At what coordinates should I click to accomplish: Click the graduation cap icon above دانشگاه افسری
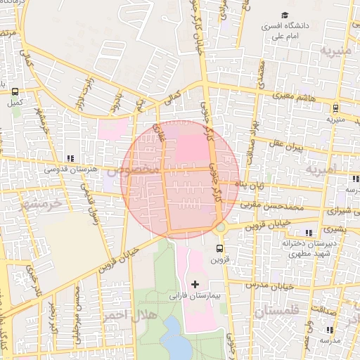click(285, 15)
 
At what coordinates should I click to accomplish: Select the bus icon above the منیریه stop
click(335, 108)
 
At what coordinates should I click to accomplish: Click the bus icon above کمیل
click(14, 91)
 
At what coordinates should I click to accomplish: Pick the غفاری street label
click(156, 134)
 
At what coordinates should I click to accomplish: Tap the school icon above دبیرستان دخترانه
click(308, 233)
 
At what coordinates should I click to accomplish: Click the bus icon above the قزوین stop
click(219, 248)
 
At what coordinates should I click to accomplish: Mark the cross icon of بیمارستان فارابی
click(195, 284)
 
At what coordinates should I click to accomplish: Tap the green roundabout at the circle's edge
click(221, 228)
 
